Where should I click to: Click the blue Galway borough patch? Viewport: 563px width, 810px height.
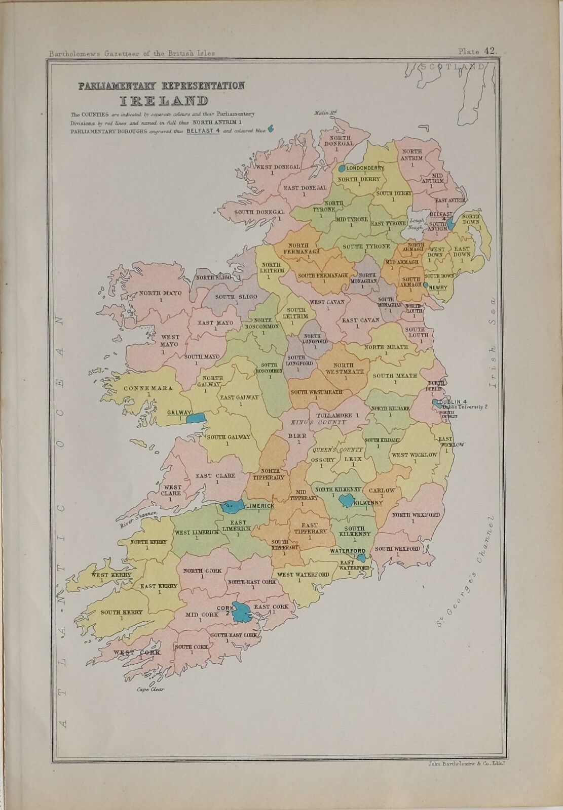click(x=196, y=418)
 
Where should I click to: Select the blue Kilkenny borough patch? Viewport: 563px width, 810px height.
click(x=348, y=501)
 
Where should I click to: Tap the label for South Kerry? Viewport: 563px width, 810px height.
click(x=121, y=612)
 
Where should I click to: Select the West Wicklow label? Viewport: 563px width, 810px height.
click(x=414, y=455)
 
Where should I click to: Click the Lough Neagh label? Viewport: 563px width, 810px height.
click(x=416, y=224)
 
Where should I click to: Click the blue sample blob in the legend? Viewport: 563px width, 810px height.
click(x=271, y=129)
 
